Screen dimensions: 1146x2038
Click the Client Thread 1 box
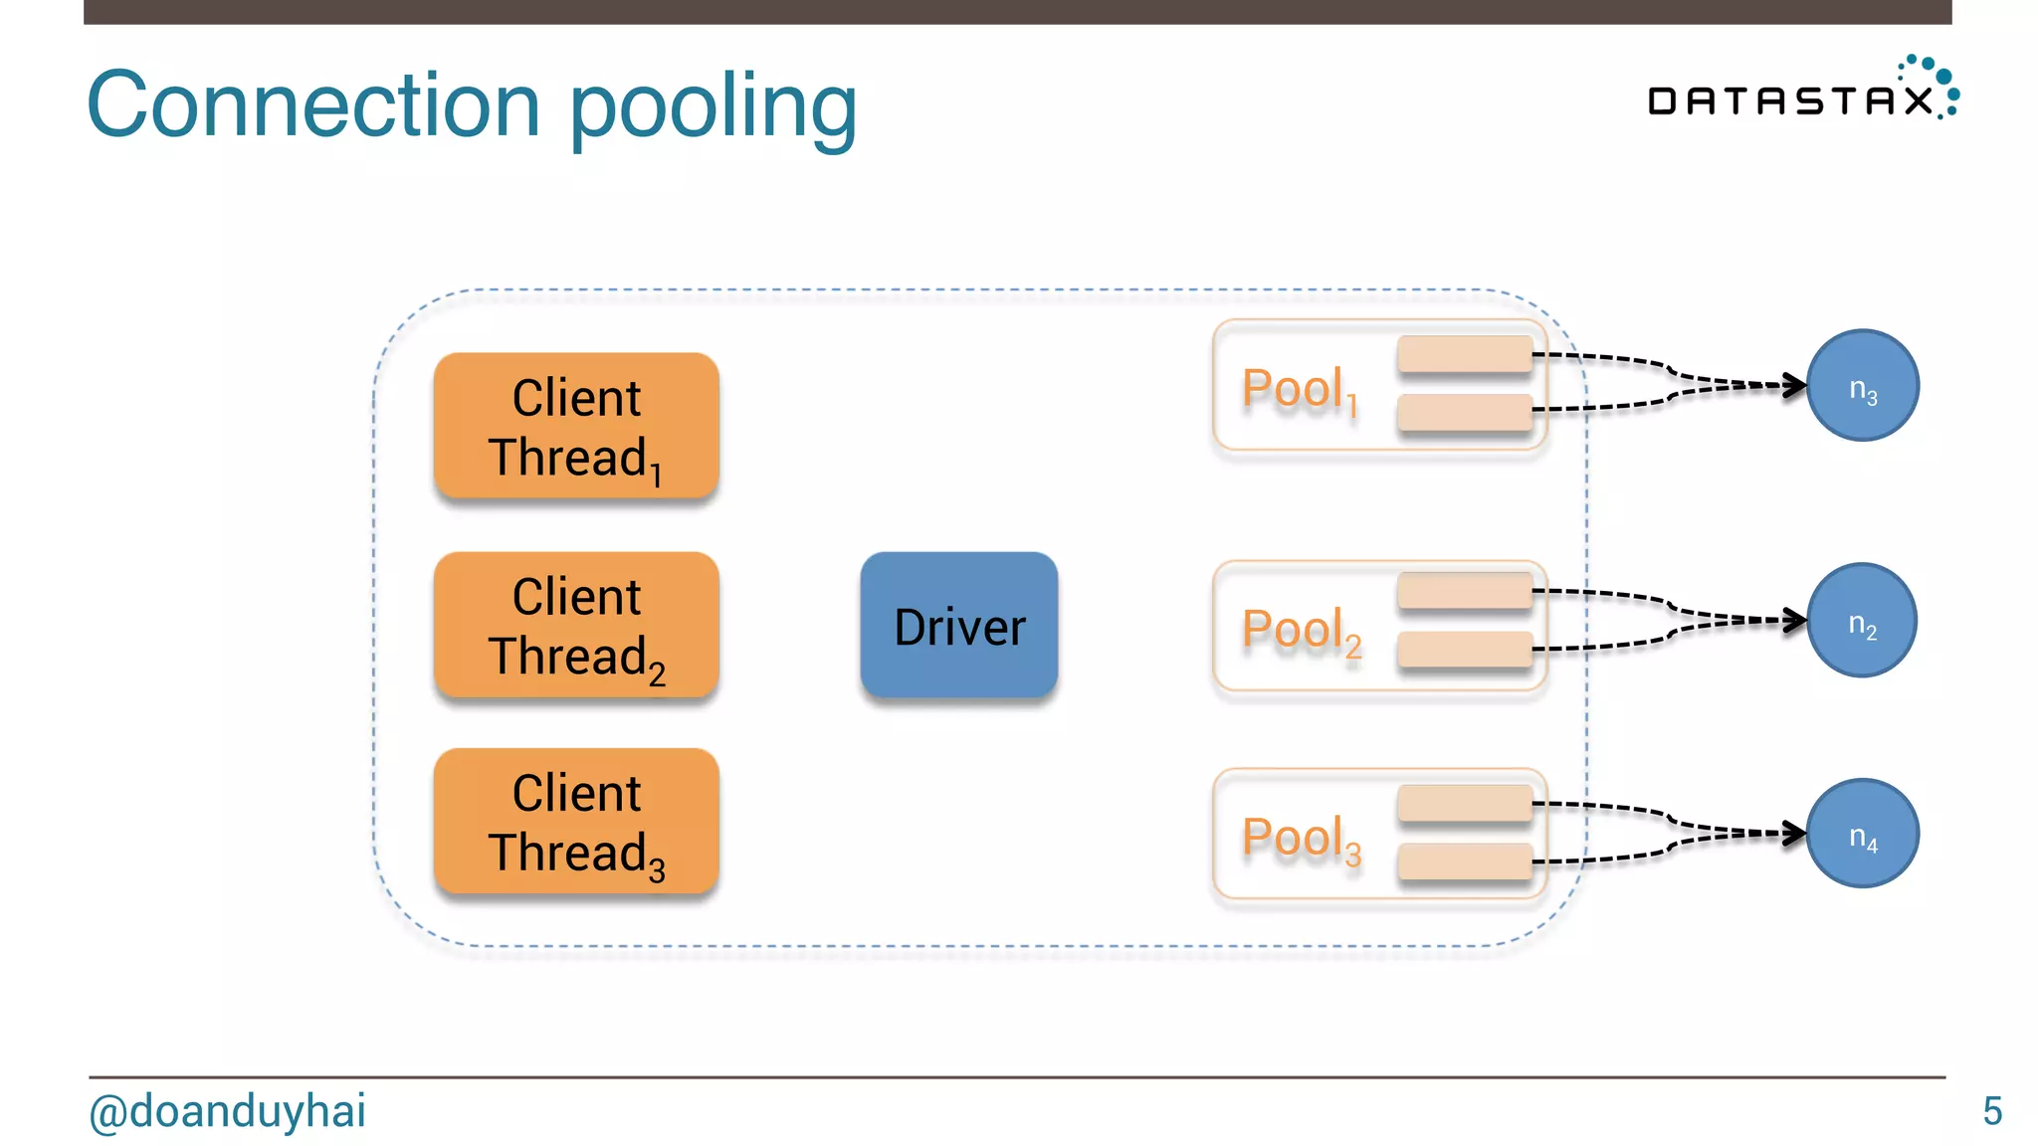click(x=576, y=426)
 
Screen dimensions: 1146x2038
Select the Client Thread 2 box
click(x=576, y=625)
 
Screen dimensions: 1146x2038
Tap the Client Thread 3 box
click(x=576, y=822)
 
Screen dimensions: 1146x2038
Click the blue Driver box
click(x=958, y=626)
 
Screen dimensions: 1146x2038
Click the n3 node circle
click(x=1862, y=386)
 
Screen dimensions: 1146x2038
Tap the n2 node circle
click(x=1861, y=621)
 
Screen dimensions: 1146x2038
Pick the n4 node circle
click(x=1862, y=834)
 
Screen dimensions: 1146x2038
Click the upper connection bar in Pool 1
click(x=1464, y=353)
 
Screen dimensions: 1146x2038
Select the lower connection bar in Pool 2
click(x=1464, y=650)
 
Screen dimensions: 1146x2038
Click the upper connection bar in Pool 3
click(x=1464, y=803)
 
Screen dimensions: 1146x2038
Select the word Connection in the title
click(x=313, y=105)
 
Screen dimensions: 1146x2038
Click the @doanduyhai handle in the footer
click(x=227, y=1111)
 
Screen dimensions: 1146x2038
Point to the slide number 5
click(x=1991, y=1111)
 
